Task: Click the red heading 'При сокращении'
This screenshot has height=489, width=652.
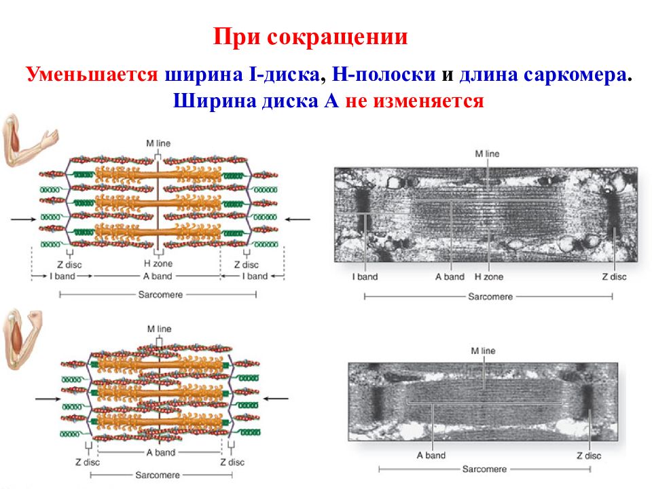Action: [310, 37]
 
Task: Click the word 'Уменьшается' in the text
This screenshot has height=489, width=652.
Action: [92, 75]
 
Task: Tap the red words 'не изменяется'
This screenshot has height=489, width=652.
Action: [414, 101]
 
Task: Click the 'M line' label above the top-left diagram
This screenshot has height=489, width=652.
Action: [158, 143]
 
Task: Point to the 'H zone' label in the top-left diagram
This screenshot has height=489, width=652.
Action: [158, 264]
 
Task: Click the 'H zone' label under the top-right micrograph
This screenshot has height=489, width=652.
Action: [489, 276]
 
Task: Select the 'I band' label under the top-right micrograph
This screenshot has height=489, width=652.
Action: [365, 276]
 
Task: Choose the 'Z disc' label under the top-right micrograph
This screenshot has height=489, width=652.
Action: [614, 276]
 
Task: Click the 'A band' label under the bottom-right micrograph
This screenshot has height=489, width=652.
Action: [431, 455]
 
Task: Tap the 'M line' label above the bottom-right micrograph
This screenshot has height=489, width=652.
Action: [483, 350]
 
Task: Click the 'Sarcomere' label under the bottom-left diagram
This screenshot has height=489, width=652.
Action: [158, 475]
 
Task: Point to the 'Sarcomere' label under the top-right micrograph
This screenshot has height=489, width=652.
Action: [490, 297]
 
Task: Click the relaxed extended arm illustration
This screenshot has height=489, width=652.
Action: [29, 141]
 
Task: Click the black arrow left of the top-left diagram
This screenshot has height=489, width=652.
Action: [24, 219]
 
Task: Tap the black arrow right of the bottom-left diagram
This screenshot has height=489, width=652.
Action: [276, 399]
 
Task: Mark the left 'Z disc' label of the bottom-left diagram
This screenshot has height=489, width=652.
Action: [88, 462]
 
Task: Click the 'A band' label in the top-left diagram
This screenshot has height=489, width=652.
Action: [158, 276]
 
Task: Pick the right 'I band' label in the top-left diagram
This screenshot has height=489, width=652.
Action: [255, 276]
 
